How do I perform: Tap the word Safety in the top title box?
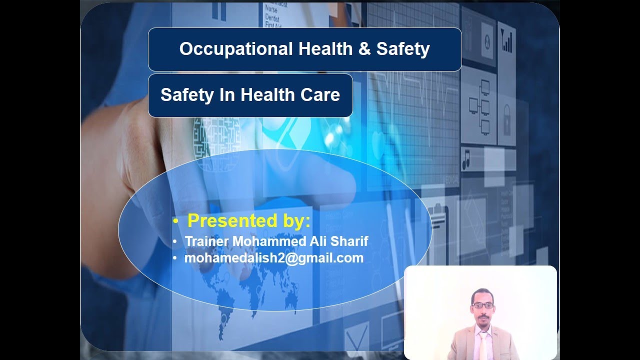pyautogui.click(x=403, y=49)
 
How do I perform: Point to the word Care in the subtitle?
pyautogui.click(x=321, y=95)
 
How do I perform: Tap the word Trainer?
pyautogui.click(x=207, y=241)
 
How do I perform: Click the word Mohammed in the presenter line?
pyautogui.click(x=269, y=241)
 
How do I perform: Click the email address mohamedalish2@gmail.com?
pyautogui.click(x=274, y=258)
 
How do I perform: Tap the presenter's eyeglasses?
pyautogui.click(x=482, y=305)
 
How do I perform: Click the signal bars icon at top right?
pyautogui.click(x=506, y=42)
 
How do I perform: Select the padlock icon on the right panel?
pyautogui.click(x=506, y=120)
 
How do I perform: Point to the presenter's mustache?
pyautogui.click(x=482, y=315)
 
